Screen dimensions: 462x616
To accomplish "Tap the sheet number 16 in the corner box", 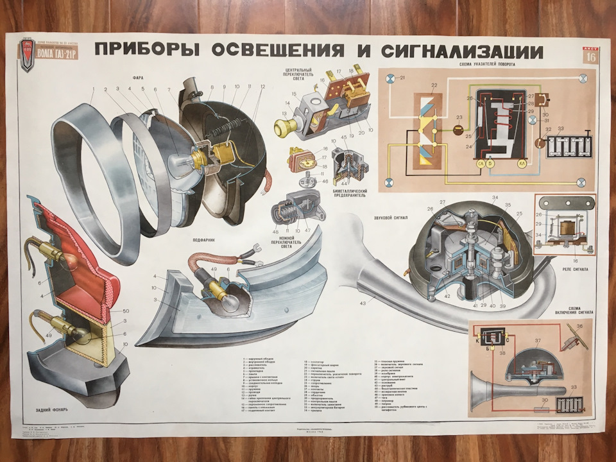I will (x=589, y=57).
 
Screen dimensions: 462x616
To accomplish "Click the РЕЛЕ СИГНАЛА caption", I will (x=574, y=269).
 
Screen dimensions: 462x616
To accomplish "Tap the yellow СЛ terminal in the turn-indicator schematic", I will (x=479, y=165).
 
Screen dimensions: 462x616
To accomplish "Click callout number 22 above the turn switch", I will (x=434, y=86).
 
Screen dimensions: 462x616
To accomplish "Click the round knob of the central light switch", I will (x=281, y=127).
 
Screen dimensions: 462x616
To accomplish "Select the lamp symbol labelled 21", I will (x=389, y=79).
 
